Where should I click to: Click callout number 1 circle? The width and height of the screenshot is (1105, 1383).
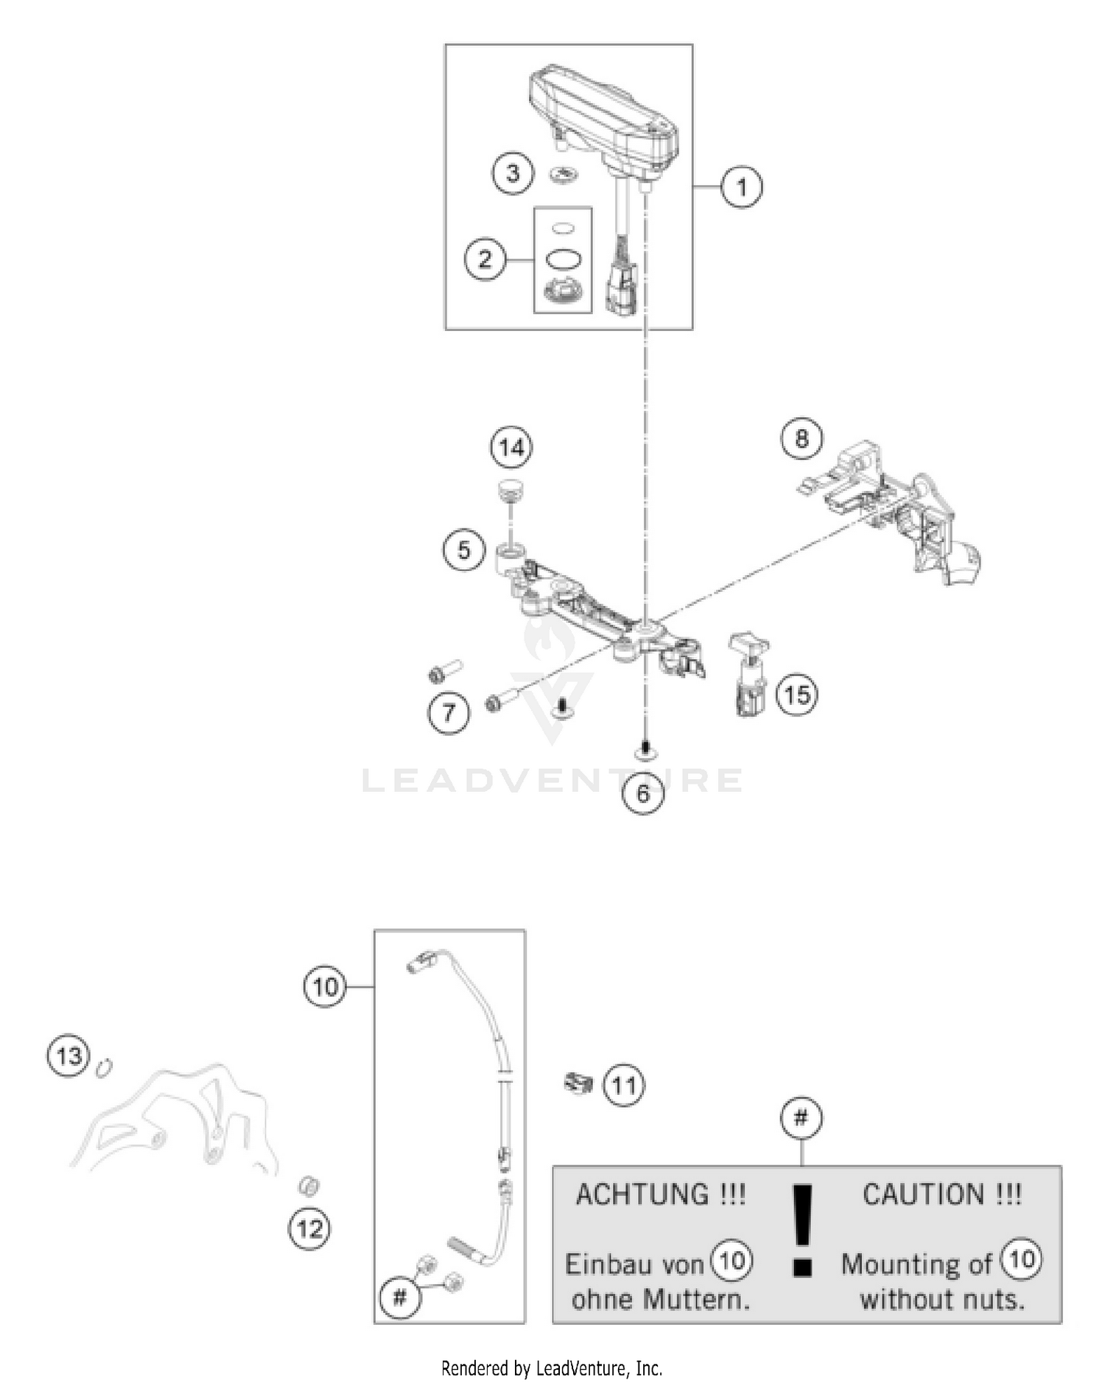coord(741,187)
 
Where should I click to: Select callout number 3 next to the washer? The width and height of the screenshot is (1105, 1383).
coord(512,173)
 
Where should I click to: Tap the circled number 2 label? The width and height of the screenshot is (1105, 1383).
coord(485,259)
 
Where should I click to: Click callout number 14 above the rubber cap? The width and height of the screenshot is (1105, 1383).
coord(511,447)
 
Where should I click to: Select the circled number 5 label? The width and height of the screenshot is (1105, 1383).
coord(463,550)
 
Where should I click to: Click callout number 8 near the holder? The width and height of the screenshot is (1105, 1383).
coord(801,439)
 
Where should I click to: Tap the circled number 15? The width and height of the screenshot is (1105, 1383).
coord(797,694)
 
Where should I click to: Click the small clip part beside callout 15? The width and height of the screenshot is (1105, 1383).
coord(749,675)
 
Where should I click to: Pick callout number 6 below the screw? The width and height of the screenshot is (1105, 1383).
coord(643,794)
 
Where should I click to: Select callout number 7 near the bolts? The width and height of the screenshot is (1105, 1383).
coord(449,713)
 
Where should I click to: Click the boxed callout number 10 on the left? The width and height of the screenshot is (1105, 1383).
coord(325,987)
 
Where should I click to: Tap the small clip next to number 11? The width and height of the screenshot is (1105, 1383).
coord(578,1083)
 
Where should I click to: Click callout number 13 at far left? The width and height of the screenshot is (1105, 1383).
coord(69,1056)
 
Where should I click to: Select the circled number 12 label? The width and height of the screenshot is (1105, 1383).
coord(309,1228)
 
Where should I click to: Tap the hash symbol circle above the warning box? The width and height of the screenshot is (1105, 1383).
coord(801,1118)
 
